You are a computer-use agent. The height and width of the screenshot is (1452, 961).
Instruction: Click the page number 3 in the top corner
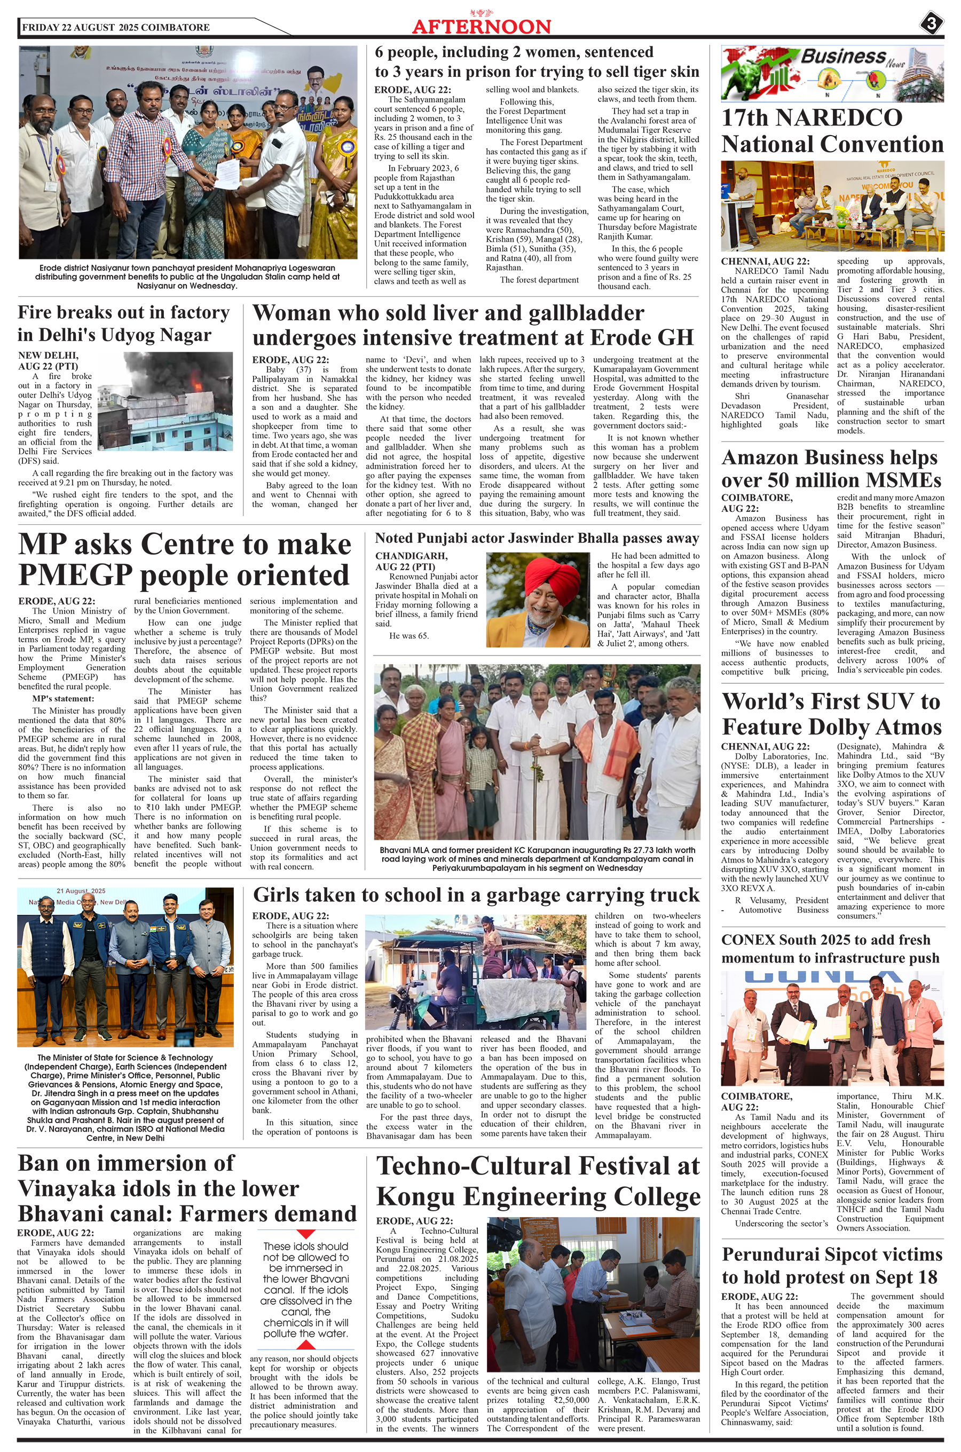point(931,25)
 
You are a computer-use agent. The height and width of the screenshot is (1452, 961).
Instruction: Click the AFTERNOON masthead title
point(481,27)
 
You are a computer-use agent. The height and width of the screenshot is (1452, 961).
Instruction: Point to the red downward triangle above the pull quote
point(306,1234)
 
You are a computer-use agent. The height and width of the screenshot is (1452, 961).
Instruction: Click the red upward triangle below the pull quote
point(306,1345)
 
